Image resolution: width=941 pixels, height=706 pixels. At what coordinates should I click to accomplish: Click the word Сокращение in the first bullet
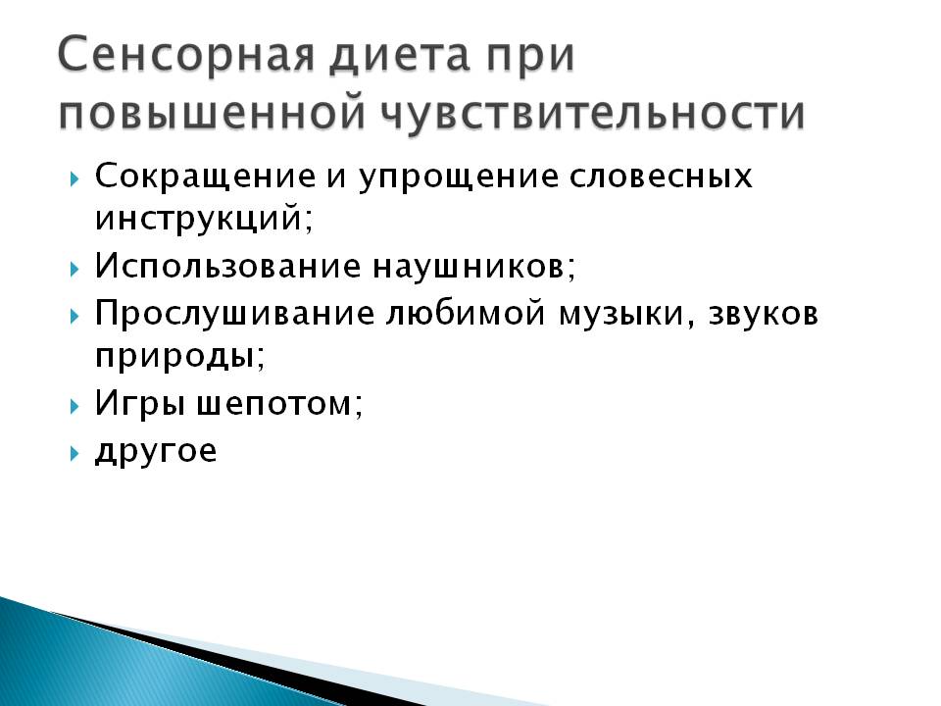coord(205,177)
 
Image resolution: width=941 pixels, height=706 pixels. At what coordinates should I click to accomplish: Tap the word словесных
coord(661,177)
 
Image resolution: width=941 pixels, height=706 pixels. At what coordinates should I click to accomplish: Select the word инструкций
coord(204,218)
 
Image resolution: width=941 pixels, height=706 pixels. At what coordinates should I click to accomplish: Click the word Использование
coord(228,266)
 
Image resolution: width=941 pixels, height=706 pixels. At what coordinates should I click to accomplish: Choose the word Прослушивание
coord(234,315)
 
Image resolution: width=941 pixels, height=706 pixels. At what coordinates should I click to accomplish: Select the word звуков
coord(764,314)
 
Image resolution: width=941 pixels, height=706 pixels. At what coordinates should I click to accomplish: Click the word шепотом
coord(279,404)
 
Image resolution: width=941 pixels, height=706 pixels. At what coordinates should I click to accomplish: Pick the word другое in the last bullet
coord(156,451)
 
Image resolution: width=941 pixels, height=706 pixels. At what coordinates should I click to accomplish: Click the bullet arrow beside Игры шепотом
coord(74,406)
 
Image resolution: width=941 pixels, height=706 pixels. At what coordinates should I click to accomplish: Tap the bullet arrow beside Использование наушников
coord(74,270)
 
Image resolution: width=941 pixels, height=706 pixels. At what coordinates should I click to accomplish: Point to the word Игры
coord(139,403)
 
